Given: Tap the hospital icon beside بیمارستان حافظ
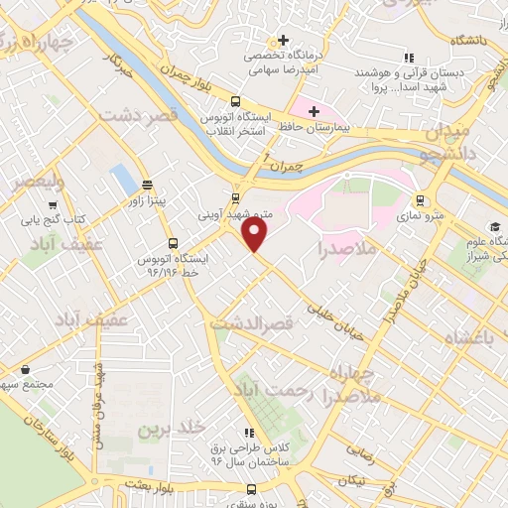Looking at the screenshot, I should click(314, 111).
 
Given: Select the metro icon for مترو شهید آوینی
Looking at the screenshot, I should click(235, 196).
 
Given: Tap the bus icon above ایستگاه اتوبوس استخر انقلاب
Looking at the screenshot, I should click(235, 100).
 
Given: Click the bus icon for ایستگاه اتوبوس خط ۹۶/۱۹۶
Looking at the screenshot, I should click(174, 242).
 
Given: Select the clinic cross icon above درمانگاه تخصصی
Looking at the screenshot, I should click(285, 40).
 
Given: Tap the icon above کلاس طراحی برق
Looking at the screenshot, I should click(247, 433).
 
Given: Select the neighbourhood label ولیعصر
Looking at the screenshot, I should click(35, 182).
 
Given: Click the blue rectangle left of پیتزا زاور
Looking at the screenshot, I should click(124, 179).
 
